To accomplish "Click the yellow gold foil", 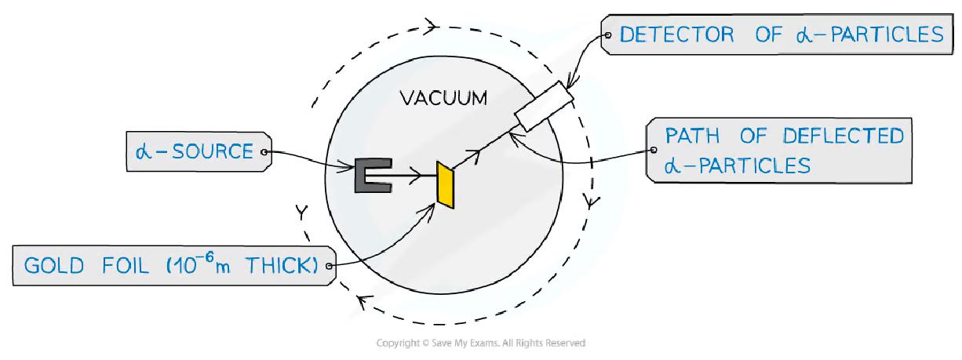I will click(x=446, y=186).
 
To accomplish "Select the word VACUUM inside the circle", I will click(x=443, y=99).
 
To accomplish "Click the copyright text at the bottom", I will click(x=480, y=343).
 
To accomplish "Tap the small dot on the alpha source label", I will click(x=264, y=151).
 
